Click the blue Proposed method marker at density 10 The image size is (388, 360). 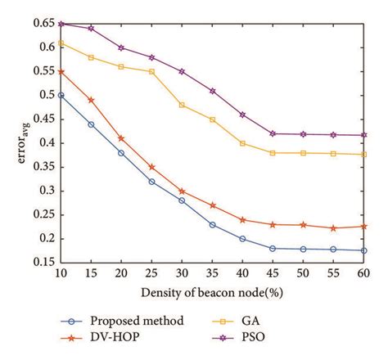click(x=61, y=95)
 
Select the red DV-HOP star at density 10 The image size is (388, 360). click(x=61, y=71)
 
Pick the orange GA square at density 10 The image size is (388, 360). click(x=61, y=43)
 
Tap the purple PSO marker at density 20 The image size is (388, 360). click(x=121, y=47)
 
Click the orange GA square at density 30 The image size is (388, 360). click(x=182, y=105)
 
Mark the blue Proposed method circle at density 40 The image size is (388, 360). click(x=242, y=239)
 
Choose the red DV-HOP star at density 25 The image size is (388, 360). click(x=151, y=167)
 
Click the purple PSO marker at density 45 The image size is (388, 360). click(x=273, y=133)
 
